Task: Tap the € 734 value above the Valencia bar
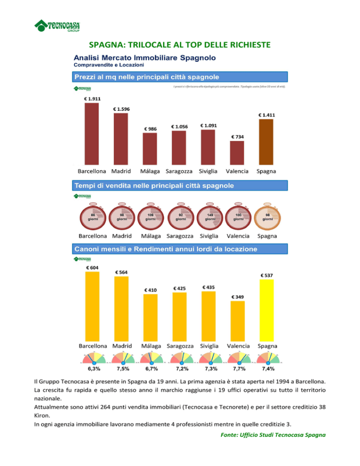point(237,136)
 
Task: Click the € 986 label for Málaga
point(150,128)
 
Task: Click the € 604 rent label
point(92,268)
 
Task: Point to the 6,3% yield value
point(94,369)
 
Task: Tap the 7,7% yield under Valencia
point(240,369)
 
